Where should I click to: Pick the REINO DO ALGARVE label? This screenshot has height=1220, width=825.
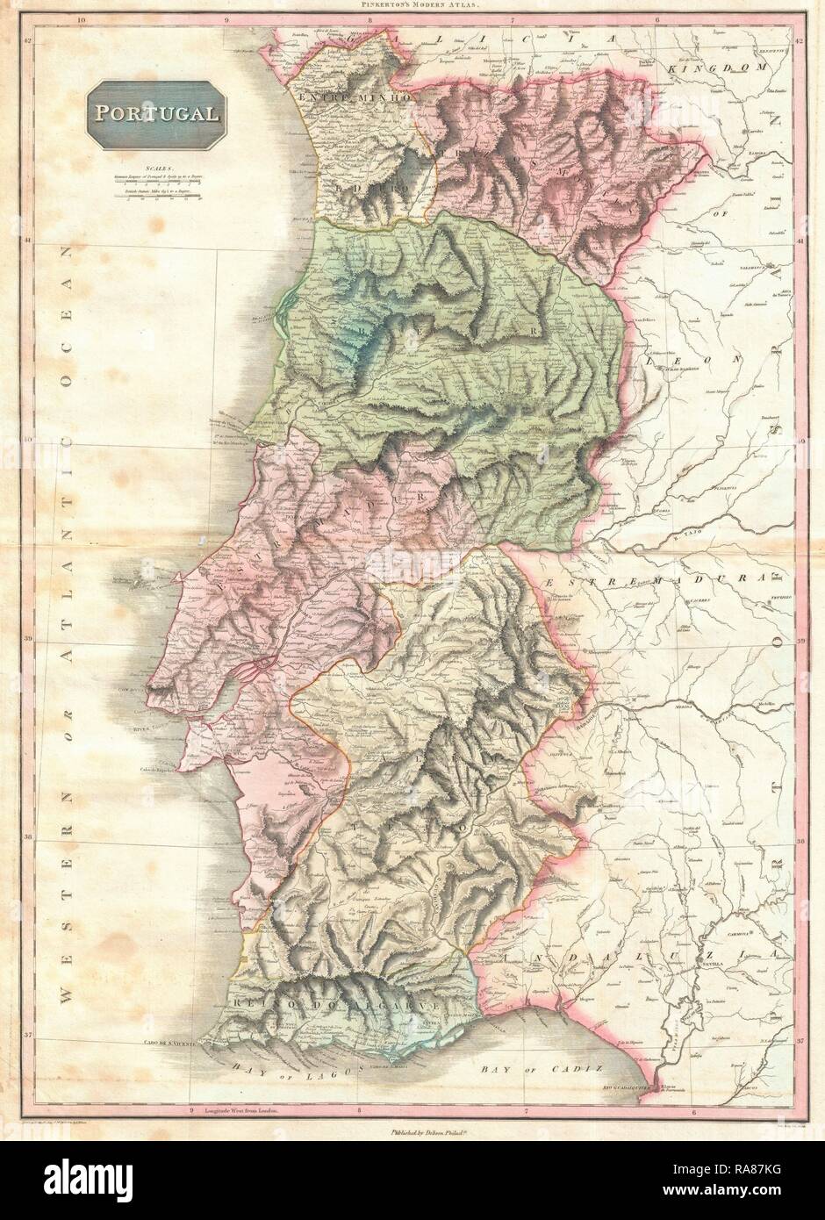coord(328,1000)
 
